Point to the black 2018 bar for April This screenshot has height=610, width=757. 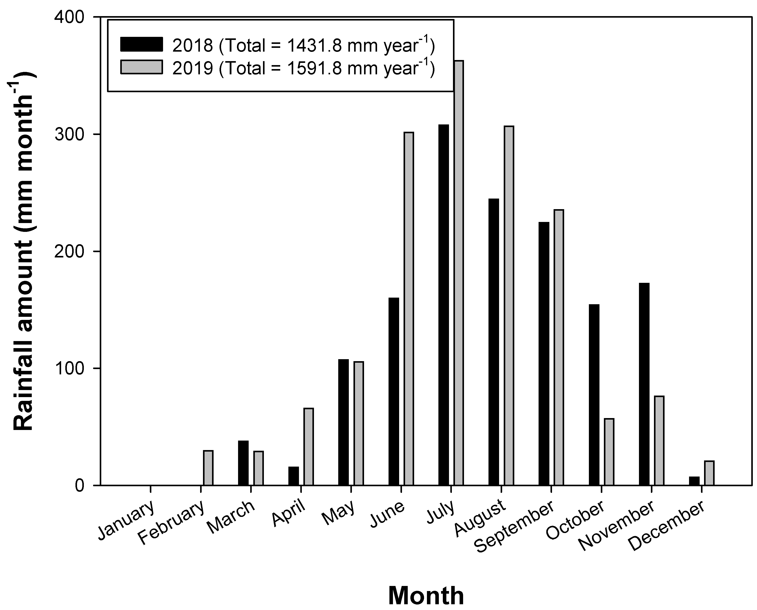[x=293, y=476]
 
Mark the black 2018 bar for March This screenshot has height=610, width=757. [x=243, y=463]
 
